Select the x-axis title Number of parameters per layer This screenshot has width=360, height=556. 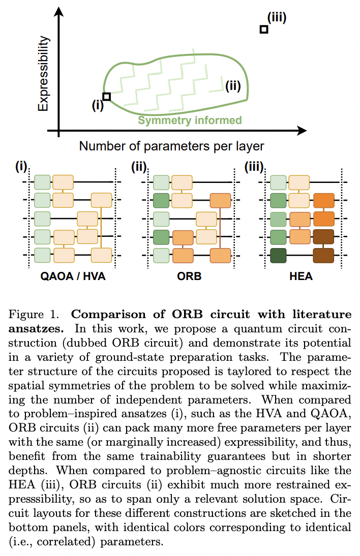point(171,146)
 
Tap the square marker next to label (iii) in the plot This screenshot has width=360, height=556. point(263,29)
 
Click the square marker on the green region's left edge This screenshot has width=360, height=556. point(106,96)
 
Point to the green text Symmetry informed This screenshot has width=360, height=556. point(190,120)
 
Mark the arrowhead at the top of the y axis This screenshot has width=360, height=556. point(59,10)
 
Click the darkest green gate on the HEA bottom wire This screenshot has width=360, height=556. point(278,255)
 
